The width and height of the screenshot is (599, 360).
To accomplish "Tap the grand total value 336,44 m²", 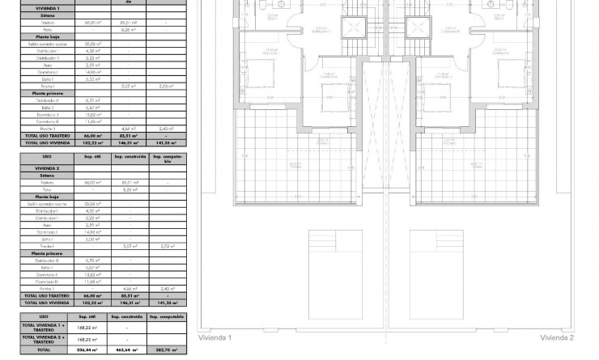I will tap(87, 351).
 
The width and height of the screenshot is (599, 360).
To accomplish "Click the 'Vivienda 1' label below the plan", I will tap(219, 337).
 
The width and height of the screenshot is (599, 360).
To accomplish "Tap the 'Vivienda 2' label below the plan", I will tap(557, 337).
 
